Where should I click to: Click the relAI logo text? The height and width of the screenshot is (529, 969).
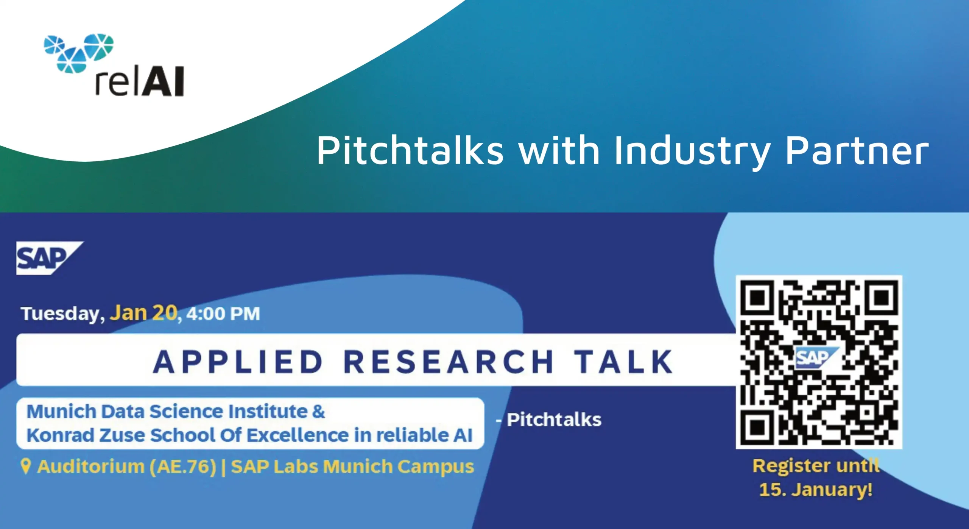click(x=139, y=81)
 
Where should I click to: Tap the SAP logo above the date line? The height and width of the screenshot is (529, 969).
click(x=50, y=258)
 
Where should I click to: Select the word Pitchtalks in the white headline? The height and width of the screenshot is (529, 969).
click(x=410, y=150)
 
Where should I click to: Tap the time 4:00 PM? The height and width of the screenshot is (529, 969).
click(x=223, y=314)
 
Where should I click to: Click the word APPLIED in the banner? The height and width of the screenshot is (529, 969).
click(x=238, y=362)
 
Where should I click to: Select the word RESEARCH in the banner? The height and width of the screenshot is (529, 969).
click(x=449, y=362)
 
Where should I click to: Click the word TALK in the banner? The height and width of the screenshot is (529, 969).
click(x=623, y=362)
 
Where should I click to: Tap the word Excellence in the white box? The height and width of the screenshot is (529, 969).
click(x=298, y=435)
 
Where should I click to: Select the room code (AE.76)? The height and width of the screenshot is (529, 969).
click(x=183, y=467)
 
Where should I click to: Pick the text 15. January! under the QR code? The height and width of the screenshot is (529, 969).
click(x=816, y=489)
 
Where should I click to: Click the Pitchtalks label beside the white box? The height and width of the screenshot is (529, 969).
click(x=554, y=420)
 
